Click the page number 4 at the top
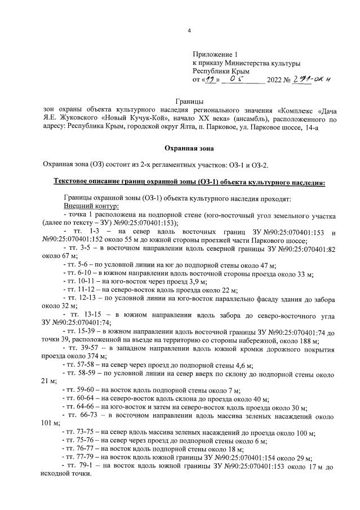pos(189,30)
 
